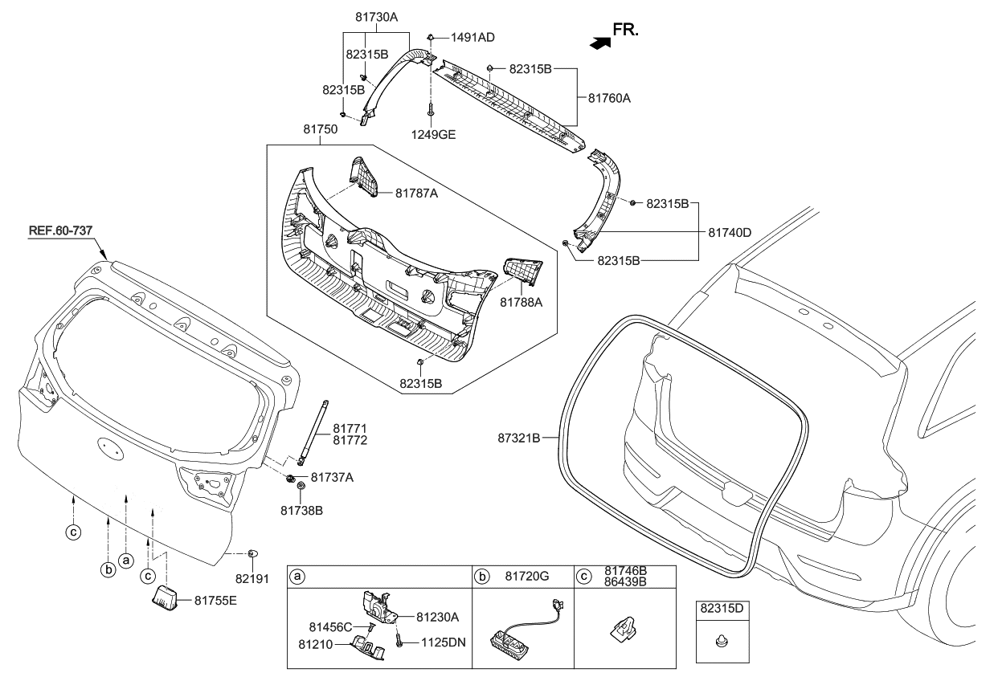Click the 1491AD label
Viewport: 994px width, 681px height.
[x=472, y=38]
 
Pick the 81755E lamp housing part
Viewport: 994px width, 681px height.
[x=166, y=598]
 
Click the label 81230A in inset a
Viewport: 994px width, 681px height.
[x=437, y=617]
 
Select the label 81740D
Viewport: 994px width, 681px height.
[x=729, y=232]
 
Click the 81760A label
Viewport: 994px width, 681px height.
[x=609, y=99]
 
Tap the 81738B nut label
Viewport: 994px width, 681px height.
[x=301, y=510]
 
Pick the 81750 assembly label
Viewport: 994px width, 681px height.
[x=318, y=128]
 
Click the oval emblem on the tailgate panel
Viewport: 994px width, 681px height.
[x=110, y=447]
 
